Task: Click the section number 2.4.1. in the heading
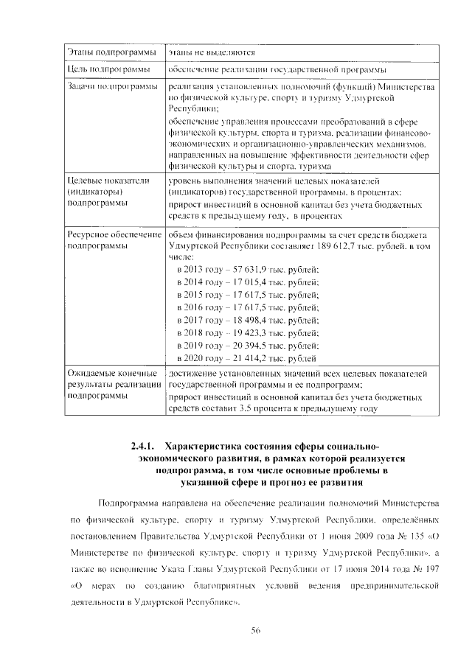pyautogui.click(x=142, y=446)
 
